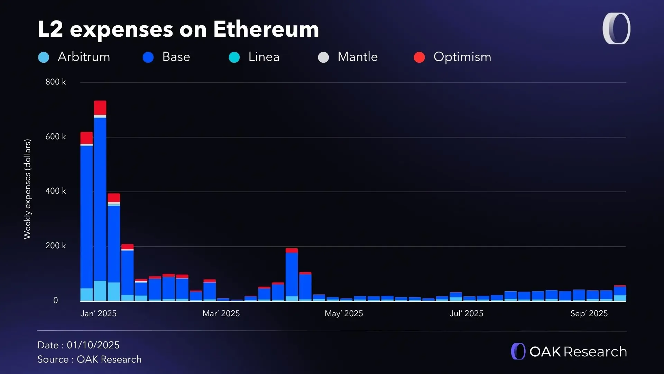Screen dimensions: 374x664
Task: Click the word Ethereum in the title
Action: pyautogui.click(x=266, y=29)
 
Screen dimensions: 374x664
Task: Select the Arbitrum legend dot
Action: pyautogui.click(x=44, y=57)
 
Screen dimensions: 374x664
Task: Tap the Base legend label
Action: pyautogui.click(x=176, y=57)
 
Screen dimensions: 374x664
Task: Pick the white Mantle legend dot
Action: pyautogui.click(x=323, y=57)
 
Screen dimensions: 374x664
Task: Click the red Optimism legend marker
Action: pyautogui.click(x=419, y=57)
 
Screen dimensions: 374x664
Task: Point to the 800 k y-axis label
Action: pyautogui.click(x=55, y=82)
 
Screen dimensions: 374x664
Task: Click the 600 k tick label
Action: pyautogui.click(x=55, y=137)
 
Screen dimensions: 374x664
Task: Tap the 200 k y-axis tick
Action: pyautogui.click(x=55, y=246)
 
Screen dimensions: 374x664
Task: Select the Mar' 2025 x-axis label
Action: pyautogui.click(x=221, y=313)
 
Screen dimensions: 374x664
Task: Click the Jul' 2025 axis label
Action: pyautogui.click(x=466, y=313)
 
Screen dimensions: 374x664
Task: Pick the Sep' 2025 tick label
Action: pyautogui.click(x=589, y=313)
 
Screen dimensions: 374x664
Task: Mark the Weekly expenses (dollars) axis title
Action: pyautogui.click(x=27, y=189)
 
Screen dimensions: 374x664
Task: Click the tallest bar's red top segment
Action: pyautogui.click(x=100, y=108)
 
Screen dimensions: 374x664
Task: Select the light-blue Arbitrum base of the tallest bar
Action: pyautogui.click(x=100, y=291)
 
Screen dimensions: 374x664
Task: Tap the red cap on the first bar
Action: pyautogui.click(x=86, y=138)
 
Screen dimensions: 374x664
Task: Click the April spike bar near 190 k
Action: pyautogui.click(x=292, y=274)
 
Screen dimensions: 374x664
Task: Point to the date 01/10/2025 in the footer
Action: pyautogui.click(x=93, y=345)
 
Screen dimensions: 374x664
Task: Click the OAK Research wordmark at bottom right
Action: pyautogui.click(x=578, y=352)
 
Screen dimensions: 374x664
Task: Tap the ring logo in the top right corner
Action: pyautogui.click(x=616, y=29)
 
